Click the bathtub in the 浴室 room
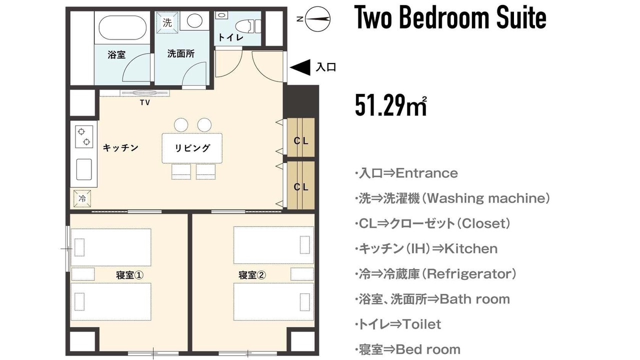pos(122,27)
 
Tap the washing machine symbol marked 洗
pos(167,22)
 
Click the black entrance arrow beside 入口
pos(300,67)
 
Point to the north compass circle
pos(317,19)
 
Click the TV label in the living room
pos(145,102)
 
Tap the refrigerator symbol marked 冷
pos(82,198)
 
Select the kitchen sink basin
pos(84,169)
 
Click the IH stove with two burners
pos(84,136)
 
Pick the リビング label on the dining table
pos(192,148)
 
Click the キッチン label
pos(120,147)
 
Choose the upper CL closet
pos(301,137)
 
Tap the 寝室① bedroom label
pos(129,275)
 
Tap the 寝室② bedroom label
pos(252,275)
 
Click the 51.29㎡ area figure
pos(391,105)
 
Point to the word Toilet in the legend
pos(421,324)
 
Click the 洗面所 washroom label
pos(181,53)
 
